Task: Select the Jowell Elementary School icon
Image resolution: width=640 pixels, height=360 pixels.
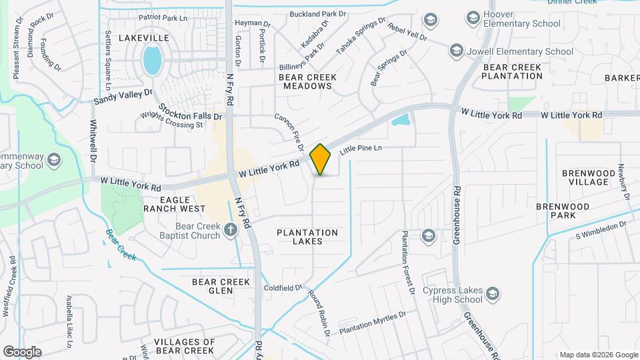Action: [x=456, y=50]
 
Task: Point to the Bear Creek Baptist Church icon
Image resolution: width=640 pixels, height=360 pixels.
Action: [x=231, y=230]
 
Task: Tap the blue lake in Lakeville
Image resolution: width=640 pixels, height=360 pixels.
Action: [x=153, y=60]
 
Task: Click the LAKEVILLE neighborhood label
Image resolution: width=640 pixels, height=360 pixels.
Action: [x=144, y=38]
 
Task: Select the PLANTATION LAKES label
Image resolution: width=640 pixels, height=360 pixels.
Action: [x=307, y=237]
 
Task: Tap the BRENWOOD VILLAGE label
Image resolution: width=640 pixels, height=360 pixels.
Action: [x=585, y=177]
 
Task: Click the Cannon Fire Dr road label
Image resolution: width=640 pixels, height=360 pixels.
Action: [x=289, y=131]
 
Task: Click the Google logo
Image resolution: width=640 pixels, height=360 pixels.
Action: [x=22, y=352]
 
